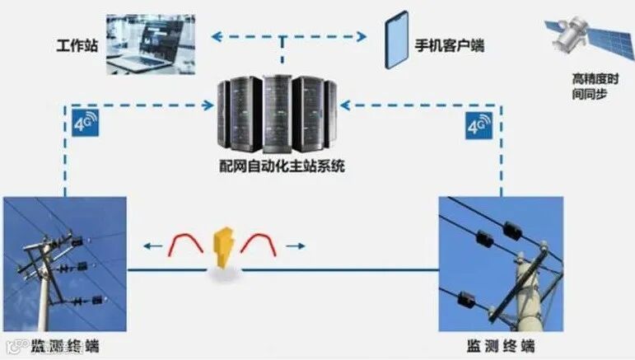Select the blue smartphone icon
(x=397, y=40)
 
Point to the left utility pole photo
(x=65, y=263)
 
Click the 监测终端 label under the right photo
(x=500, y=345)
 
